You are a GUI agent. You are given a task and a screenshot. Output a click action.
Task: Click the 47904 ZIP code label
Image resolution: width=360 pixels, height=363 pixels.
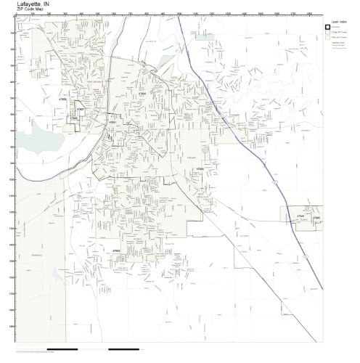coord(143,93)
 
